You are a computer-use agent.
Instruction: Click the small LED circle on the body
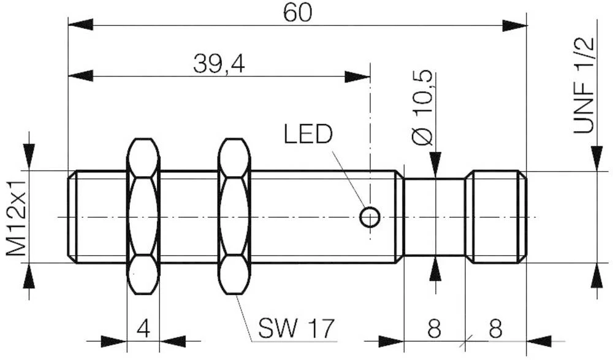pyautogui.click(x=370, y=216)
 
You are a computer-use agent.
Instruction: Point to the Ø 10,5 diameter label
pyautogui.click(x=423, y=108)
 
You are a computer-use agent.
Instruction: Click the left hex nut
pyautogui.click(x=143, y=216)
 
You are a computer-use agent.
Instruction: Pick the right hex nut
pyautogui.click(x=235, y=216)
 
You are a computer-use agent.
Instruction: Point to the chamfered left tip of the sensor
pyautogui.click(x=72, y=216)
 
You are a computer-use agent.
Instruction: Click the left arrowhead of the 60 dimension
pyautogui.click(x=80, y=25)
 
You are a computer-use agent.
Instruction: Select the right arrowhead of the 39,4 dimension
pyautogui.click(x=358, y=77)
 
